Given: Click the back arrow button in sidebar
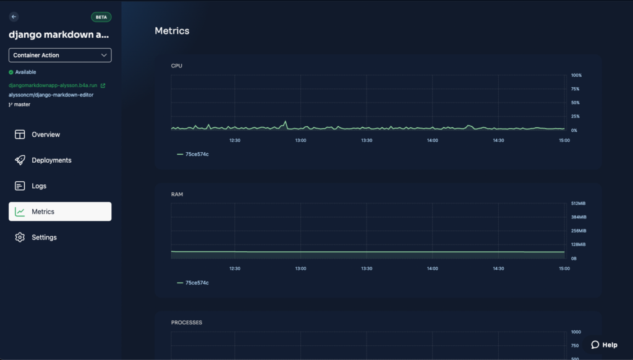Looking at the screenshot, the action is [x=14, y=17].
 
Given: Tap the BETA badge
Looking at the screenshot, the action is [x=101, y=17].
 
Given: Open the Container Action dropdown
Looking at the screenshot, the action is [x=60, y=55].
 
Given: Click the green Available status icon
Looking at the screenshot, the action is [x=11, y=72].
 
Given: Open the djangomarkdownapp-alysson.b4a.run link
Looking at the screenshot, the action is [x=53, y=85].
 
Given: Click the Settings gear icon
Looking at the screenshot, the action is [x=20, y=237].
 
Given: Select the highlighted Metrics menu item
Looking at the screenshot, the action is [x=60, y=212].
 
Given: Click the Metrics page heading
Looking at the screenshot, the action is [x=172, y=31].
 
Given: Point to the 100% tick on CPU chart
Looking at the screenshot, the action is [x=576, y=75].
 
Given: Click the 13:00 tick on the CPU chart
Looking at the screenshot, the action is [x=301, y=140].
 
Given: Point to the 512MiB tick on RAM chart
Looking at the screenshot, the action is [x=578, y=204].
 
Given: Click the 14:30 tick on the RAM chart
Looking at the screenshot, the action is [x=499, y=268].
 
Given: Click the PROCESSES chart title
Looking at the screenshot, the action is [x=187, y=323].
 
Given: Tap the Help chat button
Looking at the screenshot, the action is [x=605, y=345].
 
